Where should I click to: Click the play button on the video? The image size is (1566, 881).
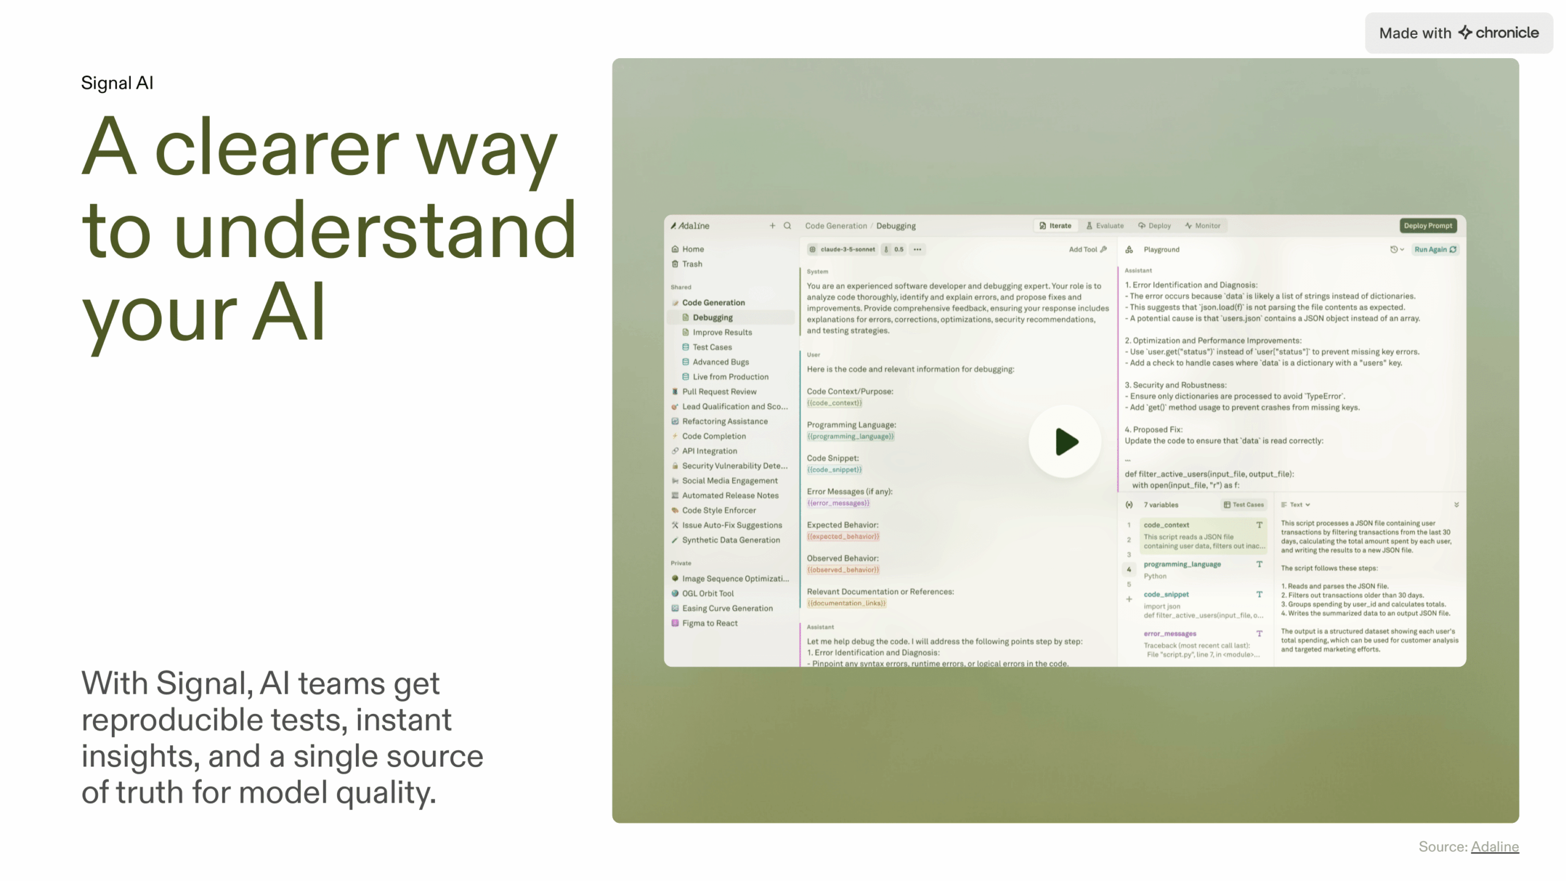pyautogui.click(x=1065, y=442)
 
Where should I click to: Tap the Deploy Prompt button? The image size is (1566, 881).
pyautogui.click(x=1428, y=226)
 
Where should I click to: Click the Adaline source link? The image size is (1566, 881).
pyautogui.click(x=1494, y=847)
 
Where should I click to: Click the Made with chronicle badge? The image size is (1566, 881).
pyautogui.click(x=1458, y=33)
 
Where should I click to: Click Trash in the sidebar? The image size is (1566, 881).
pyautogui.click(x=692, y=264)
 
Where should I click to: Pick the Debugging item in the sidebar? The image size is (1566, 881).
pyautogui.click(x=712, y=318)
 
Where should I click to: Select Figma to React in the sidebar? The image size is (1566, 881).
pyautogui.click(x=710, y=623)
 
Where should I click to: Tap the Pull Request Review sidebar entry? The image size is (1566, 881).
pyautogui.click(x=719, y=392)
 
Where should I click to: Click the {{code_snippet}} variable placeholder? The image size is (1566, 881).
pyautogui.click(x=834, y=470)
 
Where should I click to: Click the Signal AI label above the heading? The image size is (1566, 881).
pyautogui.click(x=117, y=83)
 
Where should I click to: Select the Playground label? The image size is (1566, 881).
pyautogui.click(x=1161, y=250)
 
